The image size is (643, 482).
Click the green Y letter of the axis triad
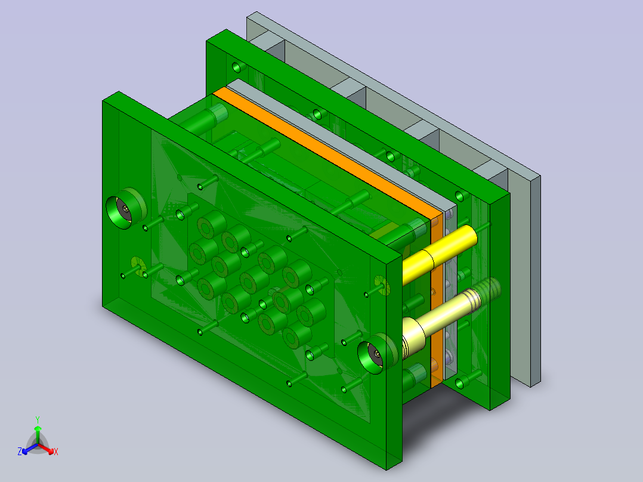click(38, 419)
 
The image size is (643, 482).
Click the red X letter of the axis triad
click(56, 452)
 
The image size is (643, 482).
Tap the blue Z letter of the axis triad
click(19, 452)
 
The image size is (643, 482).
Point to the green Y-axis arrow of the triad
click(38, 434)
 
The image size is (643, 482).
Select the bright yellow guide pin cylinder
click(440, 254)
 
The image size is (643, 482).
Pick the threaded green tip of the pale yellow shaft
click(489, 289)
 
